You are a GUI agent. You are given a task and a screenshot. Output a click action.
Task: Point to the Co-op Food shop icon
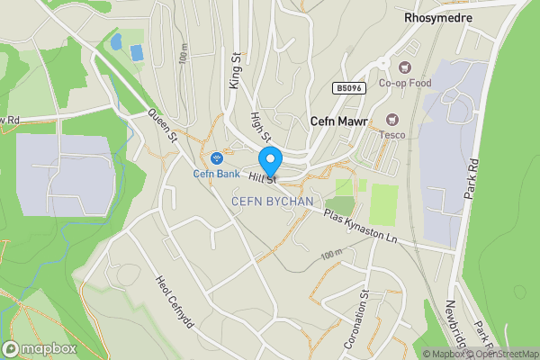[393, 66]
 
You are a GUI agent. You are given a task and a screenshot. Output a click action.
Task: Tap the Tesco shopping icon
[391, 118]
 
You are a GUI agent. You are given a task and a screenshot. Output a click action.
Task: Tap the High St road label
[261, 127]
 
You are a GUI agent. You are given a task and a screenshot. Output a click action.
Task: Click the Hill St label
[263, 180]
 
